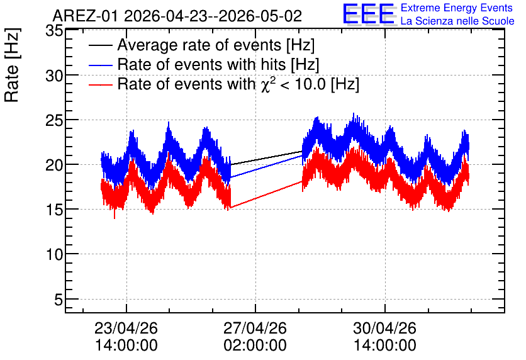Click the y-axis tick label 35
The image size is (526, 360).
coord(54,31)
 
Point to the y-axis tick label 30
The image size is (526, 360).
coord(54,76)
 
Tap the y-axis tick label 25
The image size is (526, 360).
coord(54,121)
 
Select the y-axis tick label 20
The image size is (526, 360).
coord(54,166)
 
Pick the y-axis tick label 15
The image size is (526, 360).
coord(54,210)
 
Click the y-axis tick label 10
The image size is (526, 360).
coord(54,255)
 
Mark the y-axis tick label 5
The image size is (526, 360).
coord(59,300)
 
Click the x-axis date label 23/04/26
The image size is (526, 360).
coord(126,328)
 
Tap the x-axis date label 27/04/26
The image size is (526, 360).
coord(255,328)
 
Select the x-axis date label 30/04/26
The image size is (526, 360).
coord(385,328)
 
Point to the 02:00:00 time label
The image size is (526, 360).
coord(255,345)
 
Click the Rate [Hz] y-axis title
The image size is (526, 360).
coord(12,65)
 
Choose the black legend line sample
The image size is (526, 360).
coord(100,45)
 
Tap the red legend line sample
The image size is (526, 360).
coord(100,84)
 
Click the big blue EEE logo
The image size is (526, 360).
coord(369,14)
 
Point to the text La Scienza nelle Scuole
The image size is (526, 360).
coord(457,21)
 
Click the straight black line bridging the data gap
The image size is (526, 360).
coord(266,158)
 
